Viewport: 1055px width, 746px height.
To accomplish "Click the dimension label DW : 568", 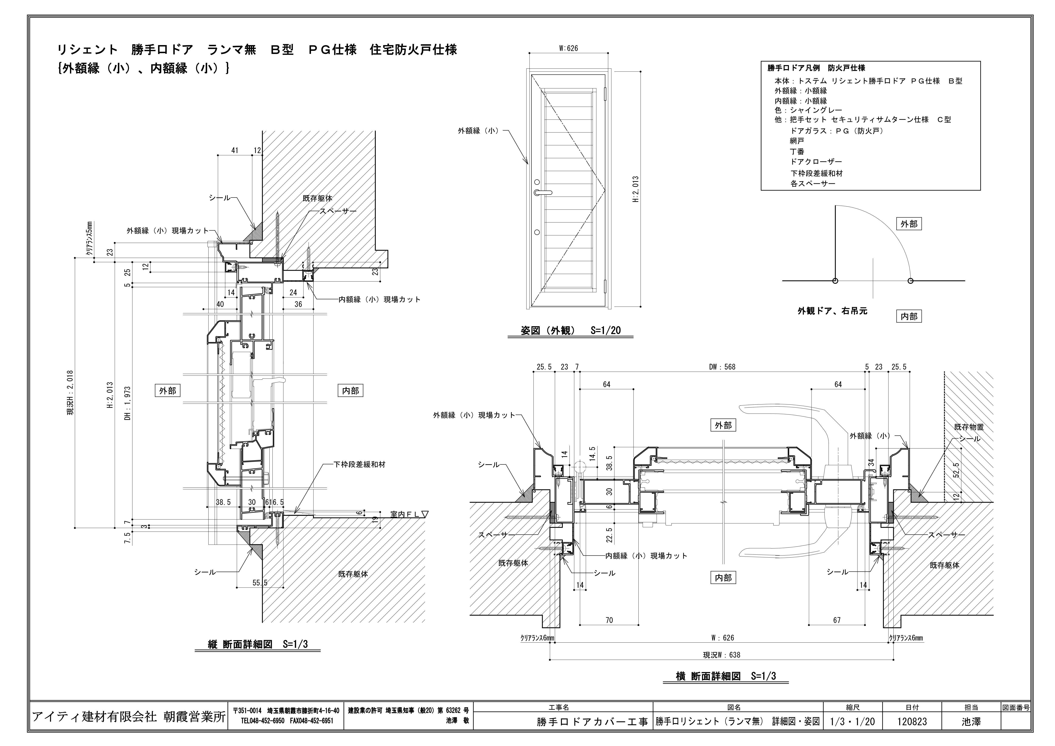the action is [x=722, y=367].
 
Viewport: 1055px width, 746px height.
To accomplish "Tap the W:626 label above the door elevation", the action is [x=568, y=48].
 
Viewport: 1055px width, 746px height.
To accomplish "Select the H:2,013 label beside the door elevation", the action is [x=636, y=189].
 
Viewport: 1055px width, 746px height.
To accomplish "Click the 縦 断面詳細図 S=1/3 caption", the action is [x=258, y=644].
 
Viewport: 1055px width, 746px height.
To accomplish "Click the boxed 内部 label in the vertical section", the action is [x=351, y=390].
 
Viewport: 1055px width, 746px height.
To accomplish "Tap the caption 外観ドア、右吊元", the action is [x=832, y=311].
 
